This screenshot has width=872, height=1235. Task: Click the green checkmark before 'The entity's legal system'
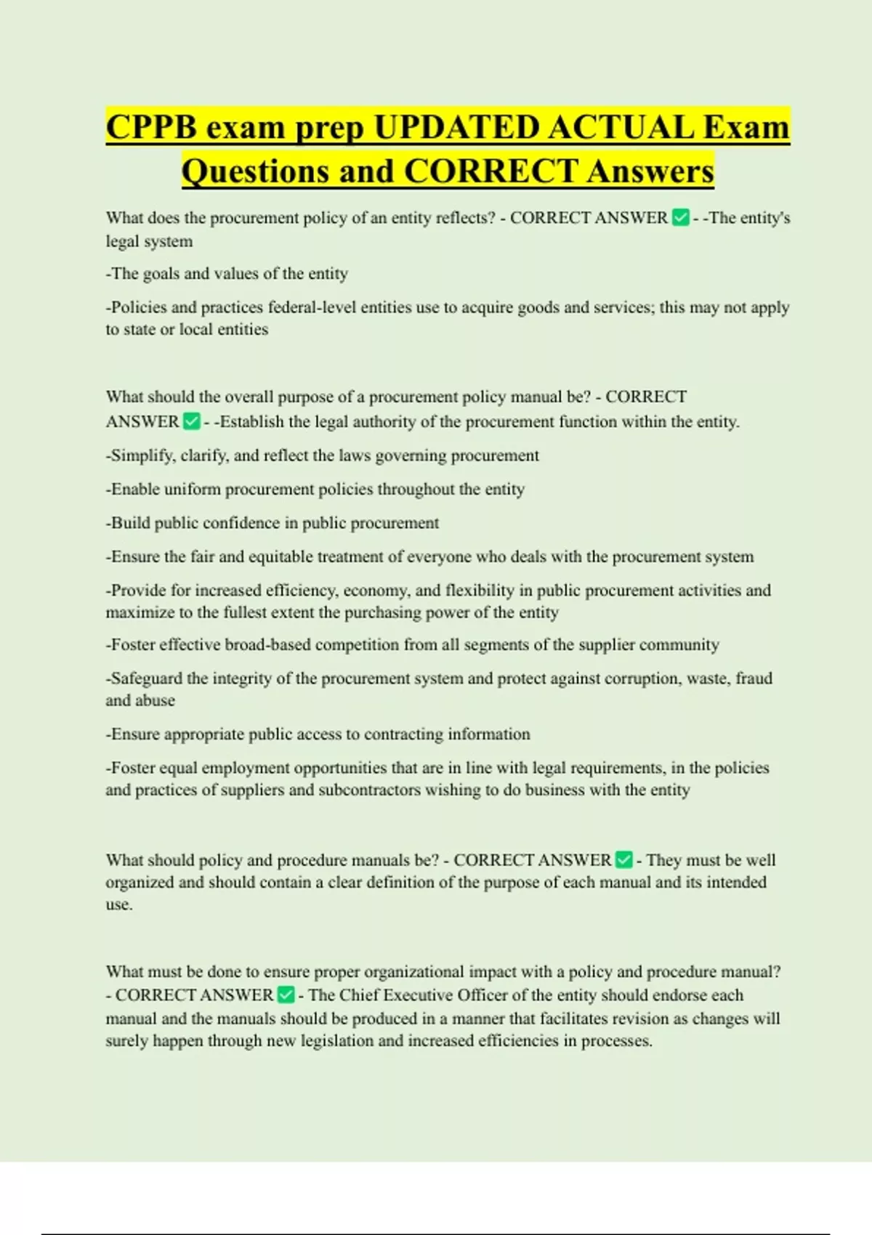tap(681, 218)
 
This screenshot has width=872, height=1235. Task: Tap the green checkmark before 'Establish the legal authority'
tap(192, 421)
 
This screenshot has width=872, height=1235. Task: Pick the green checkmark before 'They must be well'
tap(624, 860)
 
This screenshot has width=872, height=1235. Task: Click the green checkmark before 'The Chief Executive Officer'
tap(286, 995)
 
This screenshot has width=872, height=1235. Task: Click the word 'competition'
tap(353, 644)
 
